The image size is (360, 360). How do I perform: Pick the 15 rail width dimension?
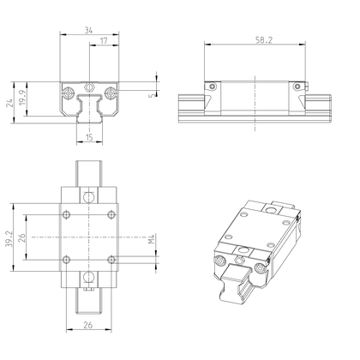(x=90, y=136)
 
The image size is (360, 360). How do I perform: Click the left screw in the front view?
(x=67, y=89)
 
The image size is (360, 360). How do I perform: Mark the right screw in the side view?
(x=297, y=87)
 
